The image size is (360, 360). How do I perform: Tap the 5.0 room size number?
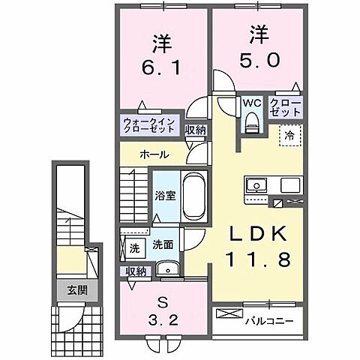[256, 59]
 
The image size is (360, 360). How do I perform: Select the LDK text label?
[257, 235]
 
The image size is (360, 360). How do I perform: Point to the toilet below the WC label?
[251, 123]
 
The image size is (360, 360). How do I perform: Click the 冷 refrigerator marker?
[288, 135]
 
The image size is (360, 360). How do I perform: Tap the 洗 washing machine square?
[133, 247]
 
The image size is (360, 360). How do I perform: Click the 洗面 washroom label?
[163, 244]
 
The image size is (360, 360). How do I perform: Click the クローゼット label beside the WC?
[286, 106]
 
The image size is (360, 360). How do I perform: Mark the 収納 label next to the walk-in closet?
[196, 130]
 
